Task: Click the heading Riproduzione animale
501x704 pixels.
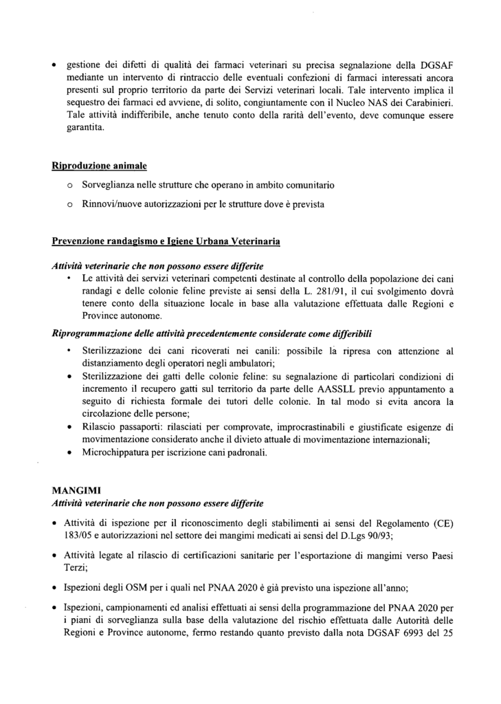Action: pyautogui.click(x=99, y=166)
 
